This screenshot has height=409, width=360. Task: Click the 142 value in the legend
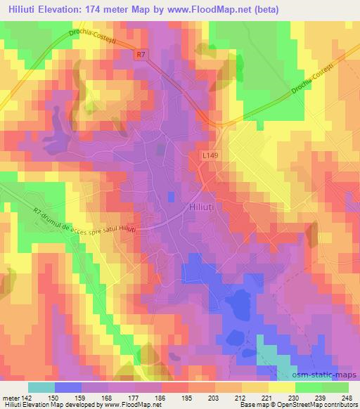coord(25,397)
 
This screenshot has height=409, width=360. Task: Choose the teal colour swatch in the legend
coord(41,387)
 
